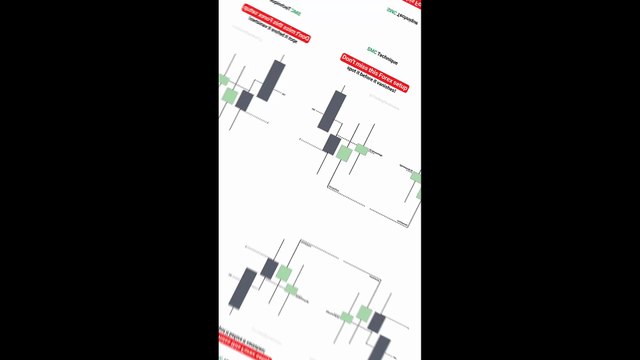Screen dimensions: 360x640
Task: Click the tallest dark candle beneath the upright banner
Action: [331, 110]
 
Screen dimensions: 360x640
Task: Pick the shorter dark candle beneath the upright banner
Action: [332, 144]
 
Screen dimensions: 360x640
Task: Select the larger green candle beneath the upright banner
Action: [344, 153]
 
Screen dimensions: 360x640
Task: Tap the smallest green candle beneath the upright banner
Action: [362, 149]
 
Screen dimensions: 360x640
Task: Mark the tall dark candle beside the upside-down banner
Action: [271, 79]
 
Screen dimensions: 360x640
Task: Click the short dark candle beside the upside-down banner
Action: [244, 100]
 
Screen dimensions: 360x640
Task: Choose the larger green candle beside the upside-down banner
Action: [231, 96]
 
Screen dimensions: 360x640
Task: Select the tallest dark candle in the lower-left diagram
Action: [243, 289]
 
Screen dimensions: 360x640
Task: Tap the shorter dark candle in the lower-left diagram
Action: [269, 268]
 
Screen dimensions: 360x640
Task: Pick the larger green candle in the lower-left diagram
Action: [284, 273]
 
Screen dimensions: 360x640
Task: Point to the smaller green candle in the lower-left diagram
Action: [292, 289]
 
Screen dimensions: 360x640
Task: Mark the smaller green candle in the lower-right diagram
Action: [346, 317]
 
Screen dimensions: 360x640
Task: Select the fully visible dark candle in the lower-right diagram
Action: [377, 321]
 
